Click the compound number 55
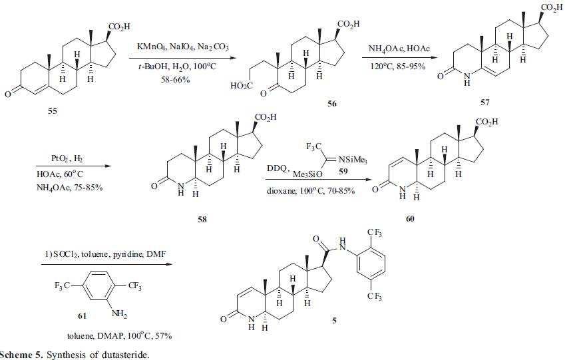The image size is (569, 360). pyautogui.click(x=53, y=110)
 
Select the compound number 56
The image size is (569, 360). pyautogui.click(x=331, y=104)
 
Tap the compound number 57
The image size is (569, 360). pyautogui.click(x=484, y=102)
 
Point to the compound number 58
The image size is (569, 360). pyautogui.click(x=202, y=219)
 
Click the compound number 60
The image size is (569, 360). pyautogui.click(x=410, y=218)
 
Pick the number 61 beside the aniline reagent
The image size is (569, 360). pyautogui.click(x=83, y=316)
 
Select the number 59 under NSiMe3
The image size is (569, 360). pyautogui.click(x=343, y=171)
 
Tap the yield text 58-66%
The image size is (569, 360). pyautogui.click(x=176, y=79)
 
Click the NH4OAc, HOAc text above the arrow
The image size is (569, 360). pyautogui.click(x=399, y=49)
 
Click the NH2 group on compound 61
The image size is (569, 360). pyautogui.click(x=119, y=314)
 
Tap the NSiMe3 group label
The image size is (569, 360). pyautogui.click(x=352, y=160)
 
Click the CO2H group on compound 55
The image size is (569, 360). pyautogui.click(x=119, y=27)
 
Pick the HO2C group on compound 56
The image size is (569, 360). pyautogui.click(x=242, y=86)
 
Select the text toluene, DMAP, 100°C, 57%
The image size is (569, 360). pyautogui.click(x=119, y=336)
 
